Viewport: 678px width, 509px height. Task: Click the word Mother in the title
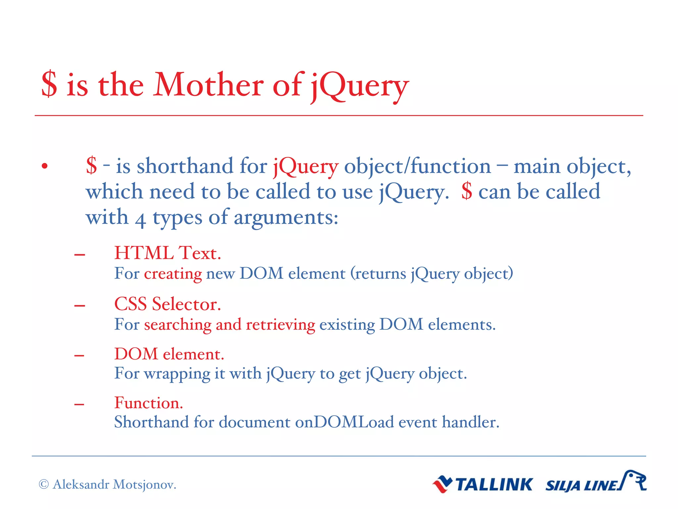click(x=208, y=85)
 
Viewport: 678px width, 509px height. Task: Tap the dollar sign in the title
click(x=49, y=85)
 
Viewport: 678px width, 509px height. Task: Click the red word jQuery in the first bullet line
click(x=306, y=166)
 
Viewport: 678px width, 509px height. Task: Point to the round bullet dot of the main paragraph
click(x=45, y=166)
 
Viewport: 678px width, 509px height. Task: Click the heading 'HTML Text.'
click(x=168, y=253)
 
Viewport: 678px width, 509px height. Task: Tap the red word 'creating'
click(x=173, y=274)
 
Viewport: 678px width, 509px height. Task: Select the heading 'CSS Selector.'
click(x=168, y=304)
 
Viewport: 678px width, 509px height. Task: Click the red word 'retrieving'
click(x=280, y=325)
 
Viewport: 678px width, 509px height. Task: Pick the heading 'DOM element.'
click(x=169, y=354)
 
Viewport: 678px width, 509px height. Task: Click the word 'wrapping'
click(x=177, y=374)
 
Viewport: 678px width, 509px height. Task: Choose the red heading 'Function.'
click(x=149, y=403)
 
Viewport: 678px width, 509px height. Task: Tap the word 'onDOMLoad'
click(x=344, y=423)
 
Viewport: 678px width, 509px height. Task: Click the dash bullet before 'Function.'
click(x=79, y=405)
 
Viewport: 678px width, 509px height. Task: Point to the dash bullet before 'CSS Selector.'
click(x=79, y=306)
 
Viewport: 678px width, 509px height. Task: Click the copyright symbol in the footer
click(x=44, y=484)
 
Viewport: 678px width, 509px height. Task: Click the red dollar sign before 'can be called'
click(x=466, y=192)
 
